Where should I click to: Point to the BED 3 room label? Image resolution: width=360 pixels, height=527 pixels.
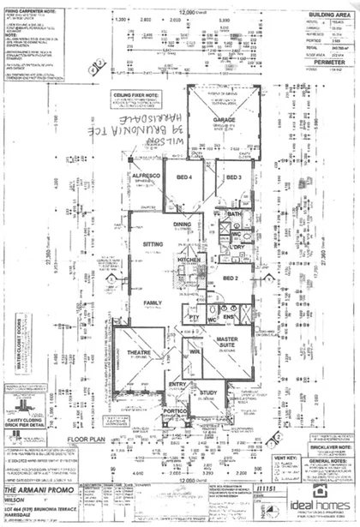click(x=233, y=177)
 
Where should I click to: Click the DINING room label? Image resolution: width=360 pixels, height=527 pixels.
click(x=182, y=225)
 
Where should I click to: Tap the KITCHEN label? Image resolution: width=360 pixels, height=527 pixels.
click(x=188, y=259)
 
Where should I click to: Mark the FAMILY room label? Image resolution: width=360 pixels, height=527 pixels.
click(x=153, y=303)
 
